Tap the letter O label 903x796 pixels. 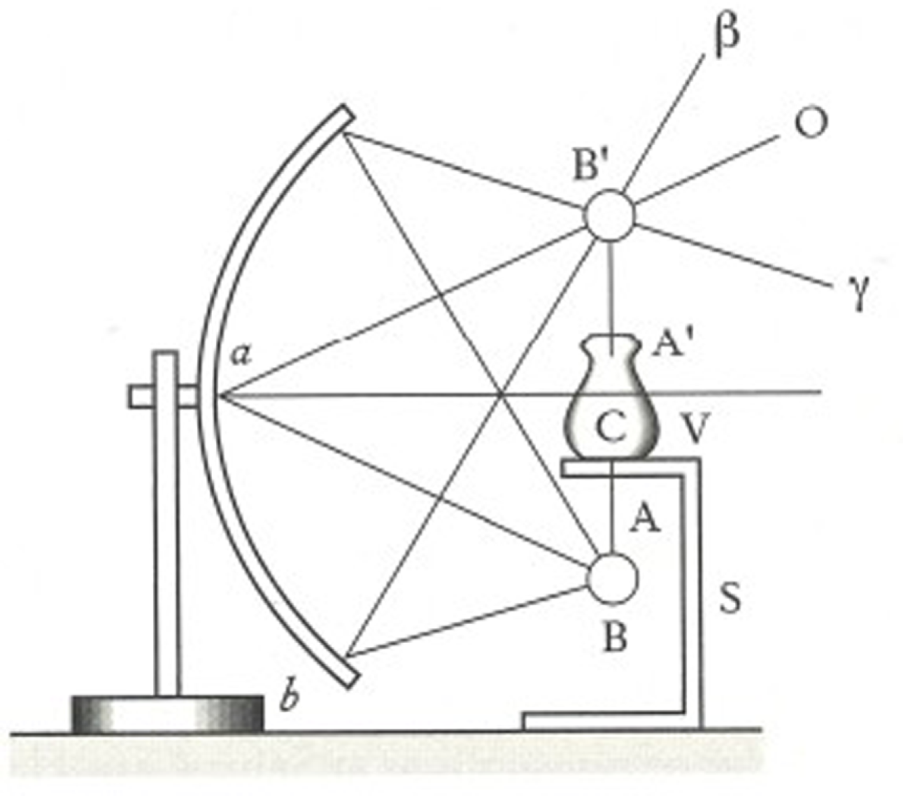pyautogui.click(x=810, y=122)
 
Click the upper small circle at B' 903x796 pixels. pyautogui.click(x=610, y=217)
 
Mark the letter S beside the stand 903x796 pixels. pyautogui.click(x=730, y=599)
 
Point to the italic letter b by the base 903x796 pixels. pyautogui.click(x=290, y=698)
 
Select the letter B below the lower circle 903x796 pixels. pyautogui.click(x=615, y=637)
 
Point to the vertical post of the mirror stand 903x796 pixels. pyautogui.click(x=166, y=522)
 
